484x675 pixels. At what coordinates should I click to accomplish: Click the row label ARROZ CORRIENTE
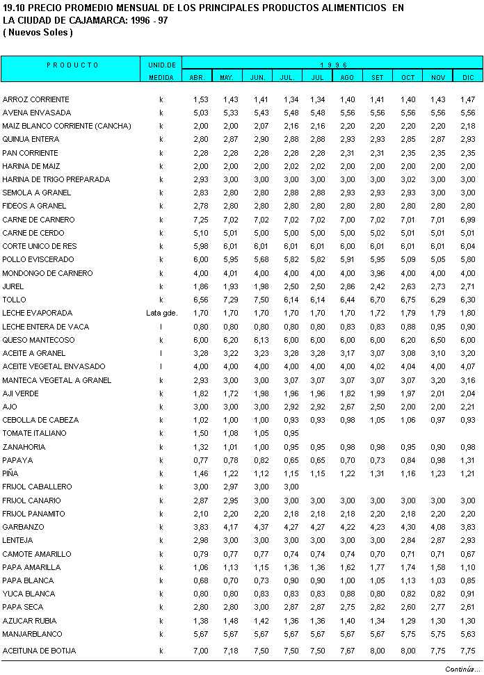click(36, 99)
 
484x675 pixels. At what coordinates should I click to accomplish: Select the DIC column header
click(467, 77)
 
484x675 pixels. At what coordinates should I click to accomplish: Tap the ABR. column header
click(197, 77)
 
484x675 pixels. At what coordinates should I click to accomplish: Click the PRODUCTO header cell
click(73, 65)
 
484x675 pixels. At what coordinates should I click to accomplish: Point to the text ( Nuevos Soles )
click(38, 33)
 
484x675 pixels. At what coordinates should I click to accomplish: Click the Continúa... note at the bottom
click(462, 669)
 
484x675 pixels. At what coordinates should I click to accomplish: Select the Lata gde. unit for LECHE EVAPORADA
click(161, 313)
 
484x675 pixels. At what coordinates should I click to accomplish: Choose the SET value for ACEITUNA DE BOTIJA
click(377, 651)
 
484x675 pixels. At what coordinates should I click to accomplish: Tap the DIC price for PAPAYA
click(467, 460)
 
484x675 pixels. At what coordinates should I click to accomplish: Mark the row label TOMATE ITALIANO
click(35, 433)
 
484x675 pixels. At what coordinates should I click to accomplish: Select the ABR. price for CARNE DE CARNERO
click(200, 220)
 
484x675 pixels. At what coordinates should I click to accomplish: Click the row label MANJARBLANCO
click(32, 634)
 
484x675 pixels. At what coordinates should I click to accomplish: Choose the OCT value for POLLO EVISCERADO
click(408, 259)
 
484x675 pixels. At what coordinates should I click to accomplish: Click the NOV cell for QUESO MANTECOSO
click(437, 340)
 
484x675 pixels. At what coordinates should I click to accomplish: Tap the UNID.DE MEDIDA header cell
click(161, 71)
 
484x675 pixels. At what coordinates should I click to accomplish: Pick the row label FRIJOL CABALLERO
click(37, 487)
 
